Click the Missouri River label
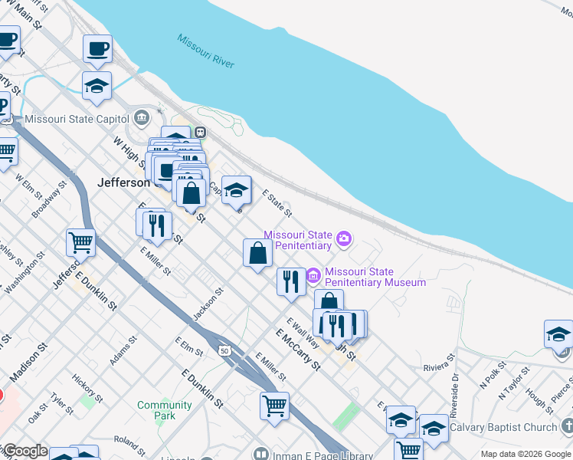[x=205, y=51]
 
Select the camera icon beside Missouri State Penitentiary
[x=344, y=238]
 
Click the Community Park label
[x=165, y=410]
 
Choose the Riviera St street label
[x=439, y=367]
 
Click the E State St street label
[x=277, y=203]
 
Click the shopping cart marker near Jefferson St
[x=80, y=242]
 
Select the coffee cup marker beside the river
[x=97, y=49]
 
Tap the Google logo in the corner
[x=25, y=452]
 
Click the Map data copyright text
[x=524, y=454]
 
